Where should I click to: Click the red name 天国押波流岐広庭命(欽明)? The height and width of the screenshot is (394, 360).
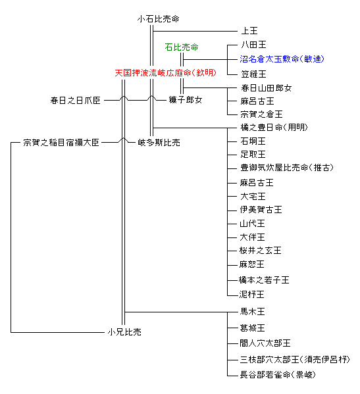point(165,73)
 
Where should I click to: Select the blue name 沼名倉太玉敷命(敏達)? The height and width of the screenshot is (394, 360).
point(282,59)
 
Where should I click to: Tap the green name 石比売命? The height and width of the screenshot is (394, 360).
point(182,47)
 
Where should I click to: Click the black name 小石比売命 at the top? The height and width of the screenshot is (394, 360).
point(158,19)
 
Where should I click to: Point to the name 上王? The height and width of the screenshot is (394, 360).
point(249,31)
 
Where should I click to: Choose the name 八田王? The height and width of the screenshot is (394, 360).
point(253,45)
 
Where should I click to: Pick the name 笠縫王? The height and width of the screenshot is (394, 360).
point(253,74)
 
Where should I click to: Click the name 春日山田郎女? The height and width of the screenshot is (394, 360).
point(267,88)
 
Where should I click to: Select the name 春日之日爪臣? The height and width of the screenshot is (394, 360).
point(75,101)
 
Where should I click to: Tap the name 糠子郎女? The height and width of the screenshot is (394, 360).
point(186,100)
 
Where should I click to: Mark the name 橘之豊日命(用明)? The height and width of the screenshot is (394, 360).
point(274,128)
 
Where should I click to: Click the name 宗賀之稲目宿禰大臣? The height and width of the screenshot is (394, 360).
point(61,143)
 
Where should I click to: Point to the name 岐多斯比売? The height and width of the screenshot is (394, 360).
point(159,143)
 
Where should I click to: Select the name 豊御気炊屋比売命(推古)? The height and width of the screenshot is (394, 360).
point(287,168)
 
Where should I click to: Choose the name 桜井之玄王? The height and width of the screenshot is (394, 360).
point(260,251)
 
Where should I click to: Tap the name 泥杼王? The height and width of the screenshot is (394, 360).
point(251,294)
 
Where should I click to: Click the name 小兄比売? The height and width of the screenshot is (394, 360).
point(124,332)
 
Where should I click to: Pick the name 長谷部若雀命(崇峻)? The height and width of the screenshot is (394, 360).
point(278,375)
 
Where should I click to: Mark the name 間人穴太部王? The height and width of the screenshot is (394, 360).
point(265,343)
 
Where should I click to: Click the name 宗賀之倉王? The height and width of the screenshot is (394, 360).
point(261,114)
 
